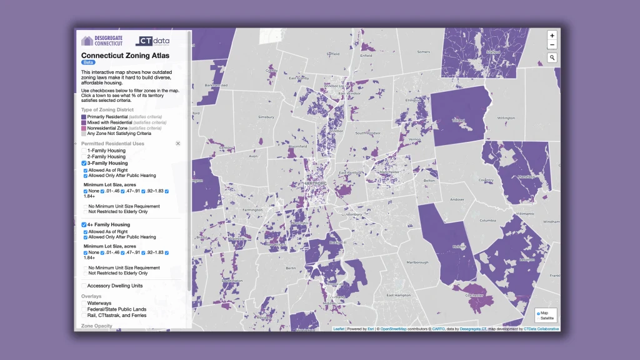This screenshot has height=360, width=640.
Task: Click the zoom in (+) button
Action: pos(552,36)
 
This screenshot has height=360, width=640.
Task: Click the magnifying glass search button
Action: pos(552,57)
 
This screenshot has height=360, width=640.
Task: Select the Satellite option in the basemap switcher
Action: pos(539,318)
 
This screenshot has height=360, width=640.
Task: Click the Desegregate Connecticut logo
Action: pos(102,41)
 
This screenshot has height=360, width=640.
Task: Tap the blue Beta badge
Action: pos(88,62)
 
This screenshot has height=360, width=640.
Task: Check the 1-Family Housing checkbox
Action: pos(84,151)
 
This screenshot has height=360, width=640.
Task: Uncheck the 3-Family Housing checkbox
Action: pos(84,163)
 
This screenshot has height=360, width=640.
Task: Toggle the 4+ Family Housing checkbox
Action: pos(84,224)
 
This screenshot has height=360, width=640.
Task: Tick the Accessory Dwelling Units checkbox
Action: pos(84,286)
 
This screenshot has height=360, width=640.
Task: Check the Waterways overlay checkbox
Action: pos(84,303)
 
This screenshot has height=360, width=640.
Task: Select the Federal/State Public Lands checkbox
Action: pos(84,309)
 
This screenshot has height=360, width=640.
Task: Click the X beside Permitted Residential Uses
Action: pos(177,144)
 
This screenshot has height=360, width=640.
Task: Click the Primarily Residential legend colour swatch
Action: pos(84,117)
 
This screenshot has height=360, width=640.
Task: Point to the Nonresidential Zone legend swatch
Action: pos(84,128)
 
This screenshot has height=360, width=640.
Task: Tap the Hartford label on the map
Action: pos(314,183)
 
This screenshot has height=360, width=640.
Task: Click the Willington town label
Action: pos(506,117)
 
